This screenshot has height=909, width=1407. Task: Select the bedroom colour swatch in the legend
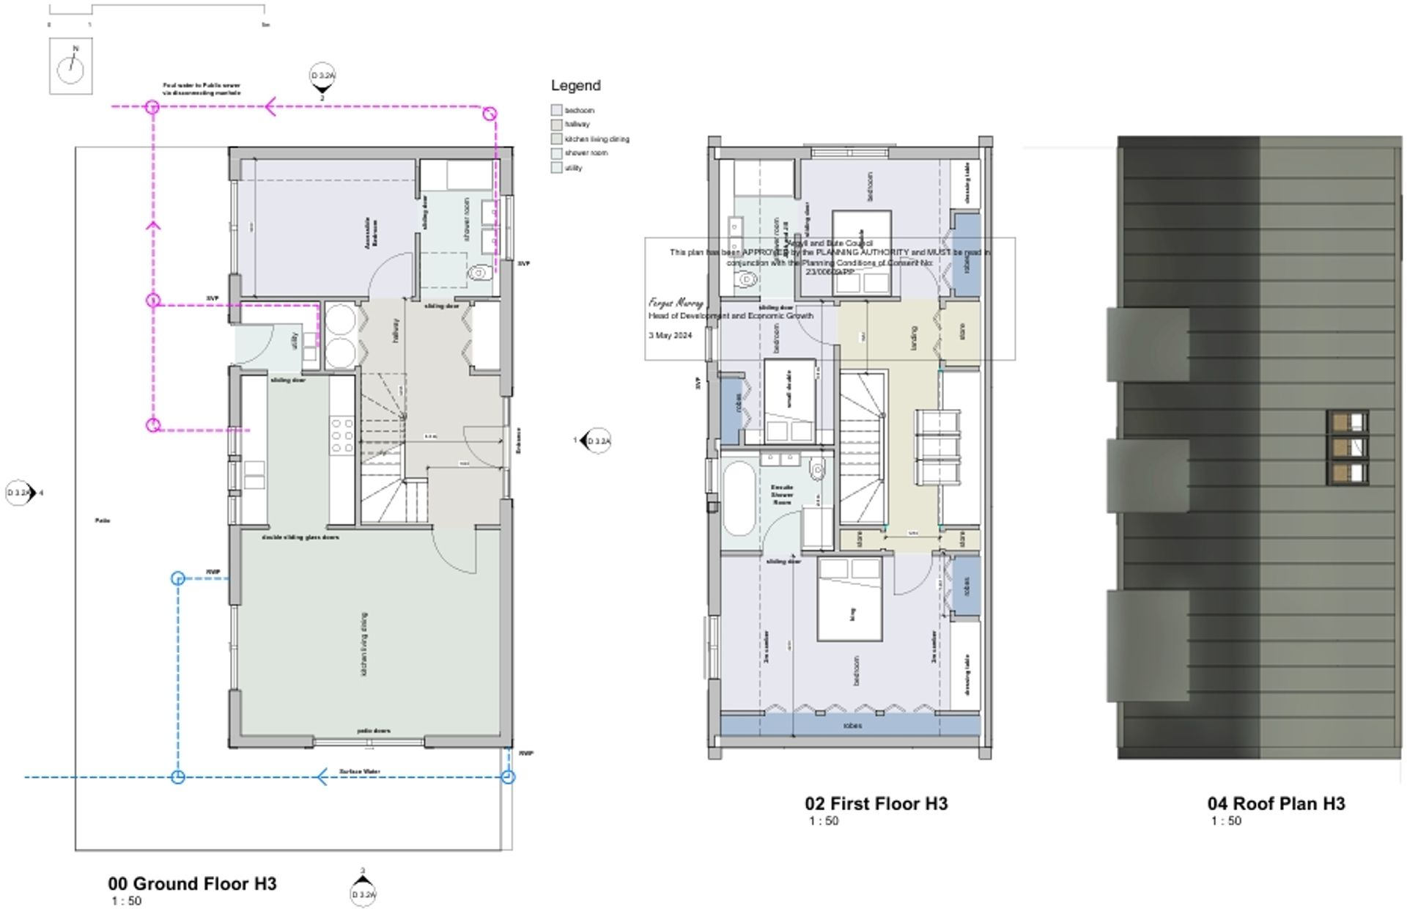pos(556,110)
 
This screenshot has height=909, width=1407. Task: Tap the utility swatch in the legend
pos(556,168)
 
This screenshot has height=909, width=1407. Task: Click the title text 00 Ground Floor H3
pos(192,883)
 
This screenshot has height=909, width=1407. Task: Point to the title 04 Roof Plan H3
pos(1276,803)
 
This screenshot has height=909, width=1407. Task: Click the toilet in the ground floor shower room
pos(478,273)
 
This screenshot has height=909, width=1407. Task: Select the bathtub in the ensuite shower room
pos(737,498)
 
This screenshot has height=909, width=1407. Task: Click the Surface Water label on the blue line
pos(360,771)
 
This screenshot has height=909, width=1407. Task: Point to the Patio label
pos(103,520)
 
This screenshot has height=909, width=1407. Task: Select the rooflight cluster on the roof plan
pos(1348,447)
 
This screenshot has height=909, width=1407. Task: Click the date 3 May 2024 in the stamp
pos(670,335)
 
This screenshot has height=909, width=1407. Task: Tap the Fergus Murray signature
pos(676,302)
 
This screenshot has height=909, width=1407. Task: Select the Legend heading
pos(575,86)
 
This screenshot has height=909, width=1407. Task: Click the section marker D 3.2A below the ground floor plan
pos(363,894)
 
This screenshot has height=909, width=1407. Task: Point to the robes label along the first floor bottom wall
pos(852,726)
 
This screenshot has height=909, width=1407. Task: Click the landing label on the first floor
pos(913,338)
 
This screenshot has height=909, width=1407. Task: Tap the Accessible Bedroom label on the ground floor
pos(372,232)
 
